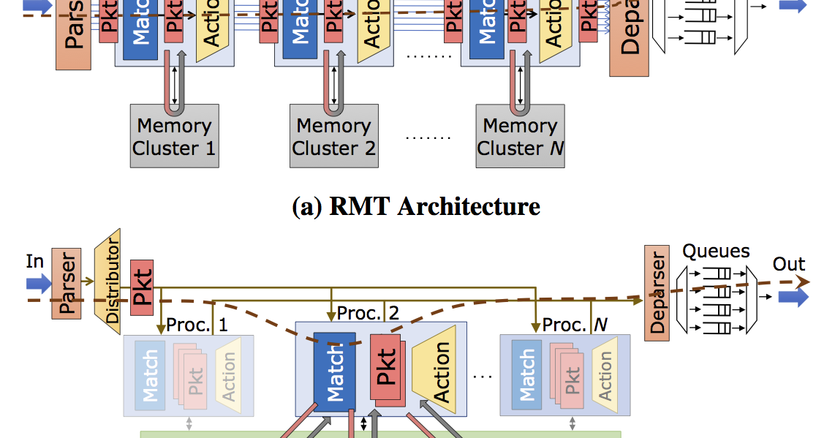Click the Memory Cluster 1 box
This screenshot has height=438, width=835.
click(x=174, y=136)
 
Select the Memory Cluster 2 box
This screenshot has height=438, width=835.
click(x=333, y=136)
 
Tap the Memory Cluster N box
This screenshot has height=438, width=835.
click(x=520, y=136)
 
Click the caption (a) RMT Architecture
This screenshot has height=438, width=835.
click(x=416, y=207)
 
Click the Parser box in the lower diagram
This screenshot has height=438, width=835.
click(x=67, y=283)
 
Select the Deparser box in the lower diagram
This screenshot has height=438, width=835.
click(x=657, y=292)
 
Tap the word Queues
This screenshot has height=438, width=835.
click(x=716, y=252)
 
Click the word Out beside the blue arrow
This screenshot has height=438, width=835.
click(x=789, y=264)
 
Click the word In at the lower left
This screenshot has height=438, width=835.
click(x=35, y=261)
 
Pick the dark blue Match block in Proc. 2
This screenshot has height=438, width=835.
click(x=334, y=370)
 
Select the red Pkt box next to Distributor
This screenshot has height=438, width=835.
click(x=142, y=287)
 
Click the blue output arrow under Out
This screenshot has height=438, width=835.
click(x=793, y=296)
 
